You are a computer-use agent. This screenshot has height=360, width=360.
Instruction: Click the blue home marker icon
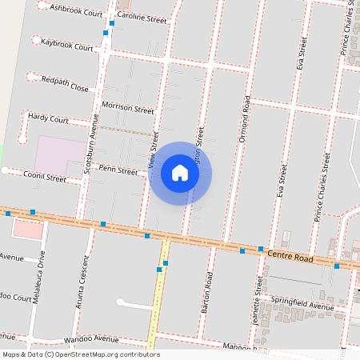(180, 173)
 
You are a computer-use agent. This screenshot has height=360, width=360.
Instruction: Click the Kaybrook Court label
(68, 45)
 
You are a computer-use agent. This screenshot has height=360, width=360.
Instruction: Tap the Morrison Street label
(127, 107)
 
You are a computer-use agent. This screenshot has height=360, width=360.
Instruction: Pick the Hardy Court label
(48, 118)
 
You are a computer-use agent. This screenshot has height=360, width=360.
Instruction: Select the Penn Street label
(118, 170)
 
